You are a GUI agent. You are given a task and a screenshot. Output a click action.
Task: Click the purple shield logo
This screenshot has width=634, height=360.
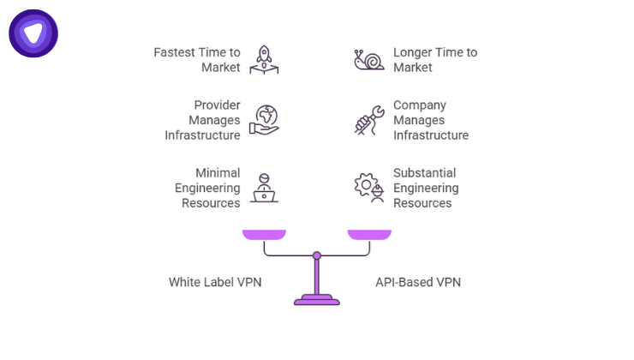click(x=33, y=33)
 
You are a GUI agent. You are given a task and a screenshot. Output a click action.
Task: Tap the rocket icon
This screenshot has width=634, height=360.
click(x=265, y=58)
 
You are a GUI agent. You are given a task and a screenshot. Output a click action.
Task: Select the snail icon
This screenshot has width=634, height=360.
click(x=369, y=58)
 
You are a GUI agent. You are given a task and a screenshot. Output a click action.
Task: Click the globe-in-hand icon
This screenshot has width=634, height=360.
click(x=265, y=119)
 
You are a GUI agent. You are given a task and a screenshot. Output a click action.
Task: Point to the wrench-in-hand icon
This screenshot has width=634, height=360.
click(x=369, y=120)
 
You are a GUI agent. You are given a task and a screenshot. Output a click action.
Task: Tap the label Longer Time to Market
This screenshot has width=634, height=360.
click(x=434, y=59)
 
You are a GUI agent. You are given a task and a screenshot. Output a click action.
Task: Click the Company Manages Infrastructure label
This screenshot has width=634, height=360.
click(x=430, y=120)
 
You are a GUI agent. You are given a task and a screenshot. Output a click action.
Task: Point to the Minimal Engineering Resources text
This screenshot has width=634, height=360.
click(x=206, y=187)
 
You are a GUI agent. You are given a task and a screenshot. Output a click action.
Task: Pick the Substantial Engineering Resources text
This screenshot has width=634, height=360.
click(x=426, y=187)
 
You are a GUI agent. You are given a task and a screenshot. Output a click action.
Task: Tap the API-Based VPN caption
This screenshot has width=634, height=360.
click(x=418, y=282)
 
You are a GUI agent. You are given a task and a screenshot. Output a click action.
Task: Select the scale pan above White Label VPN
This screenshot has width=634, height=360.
click(x=265, y=234)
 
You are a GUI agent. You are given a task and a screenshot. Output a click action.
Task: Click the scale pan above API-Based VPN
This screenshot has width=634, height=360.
click(x=369, y=234)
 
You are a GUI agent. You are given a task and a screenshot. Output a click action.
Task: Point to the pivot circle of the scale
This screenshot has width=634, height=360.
click(x=317, y=255)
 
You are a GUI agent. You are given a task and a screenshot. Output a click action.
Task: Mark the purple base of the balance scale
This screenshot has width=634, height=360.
click(x=317, y=300)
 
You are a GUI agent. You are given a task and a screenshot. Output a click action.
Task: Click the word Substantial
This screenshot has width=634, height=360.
click(x=424, y=172)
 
